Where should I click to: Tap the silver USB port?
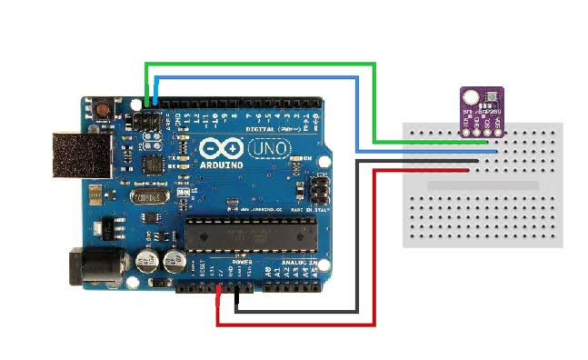[76, 154]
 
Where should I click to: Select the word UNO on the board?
[271, 148]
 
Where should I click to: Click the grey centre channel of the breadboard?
[482, 185]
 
